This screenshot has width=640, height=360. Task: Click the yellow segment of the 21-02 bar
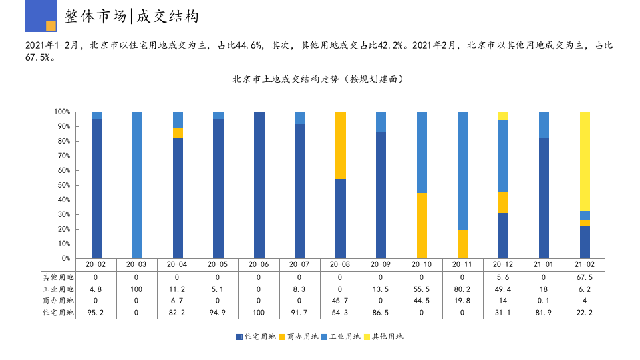585,160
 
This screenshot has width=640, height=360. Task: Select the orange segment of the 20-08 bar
341,145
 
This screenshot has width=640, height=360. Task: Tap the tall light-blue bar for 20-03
137,185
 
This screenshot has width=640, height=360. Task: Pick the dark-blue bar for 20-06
259,185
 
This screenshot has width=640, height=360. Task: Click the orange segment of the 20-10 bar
422,226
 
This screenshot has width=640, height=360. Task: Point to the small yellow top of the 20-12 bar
503,116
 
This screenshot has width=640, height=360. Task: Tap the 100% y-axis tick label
62,112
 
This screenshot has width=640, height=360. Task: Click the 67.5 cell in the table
585,277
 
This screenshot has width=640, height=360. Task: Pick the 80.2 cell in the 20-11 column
462,289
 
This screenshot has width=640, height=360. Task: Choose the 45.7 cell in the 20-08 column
341,301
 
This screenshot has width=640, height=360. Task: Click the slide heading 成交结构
168,17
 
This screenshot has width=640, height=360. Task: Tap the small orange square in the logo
51,26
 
